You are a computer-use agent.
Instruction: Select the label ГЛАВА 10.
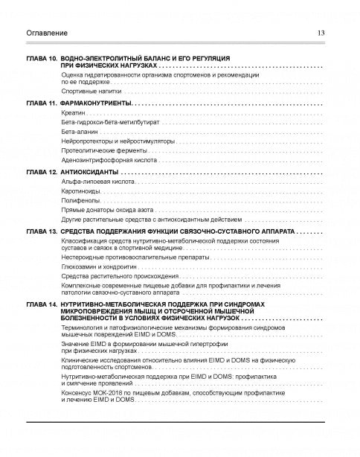click(42, 58)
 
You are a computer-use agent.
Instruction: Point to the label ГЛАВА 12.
click(42, 172)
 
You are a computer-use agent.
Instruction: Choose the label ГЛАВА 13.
click(42, 232)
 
